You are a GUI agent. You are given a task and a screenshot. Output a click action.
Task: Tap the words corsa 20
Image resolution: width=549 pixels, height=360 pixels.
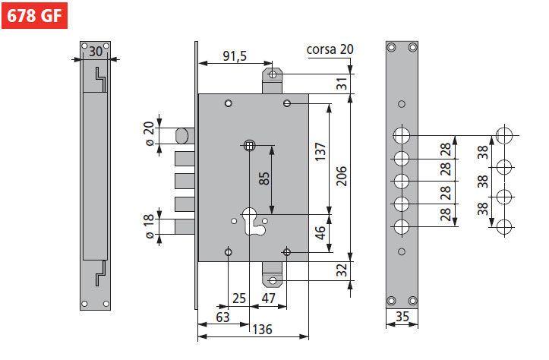[x=330, y=50]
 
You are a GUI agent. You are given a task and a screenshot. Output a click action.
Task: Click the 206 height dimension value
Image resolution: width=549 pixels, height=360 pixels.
[x=342, y=176]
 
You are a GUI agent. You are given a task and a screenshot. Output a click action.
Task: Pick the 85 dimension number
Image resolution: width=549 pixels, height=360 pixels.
[x=263, y=179]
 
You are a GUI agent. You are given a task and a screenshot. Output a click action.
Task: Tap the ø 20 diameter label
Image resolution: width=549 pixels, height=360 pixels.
[x=149, y=135]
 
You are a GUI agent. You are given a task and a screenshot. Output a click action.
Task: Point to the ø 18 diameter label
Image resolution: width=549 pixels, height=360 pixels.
[x=149, y=226]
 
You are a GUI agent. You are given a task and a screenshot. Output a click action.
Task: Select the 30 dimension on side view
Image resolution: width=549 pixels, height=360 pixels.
[x=95, y=52]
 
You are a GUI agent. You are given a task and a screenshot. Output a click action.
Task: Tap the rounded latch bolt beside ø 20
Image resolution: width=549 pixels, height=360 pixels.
[x=183, y=136]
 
